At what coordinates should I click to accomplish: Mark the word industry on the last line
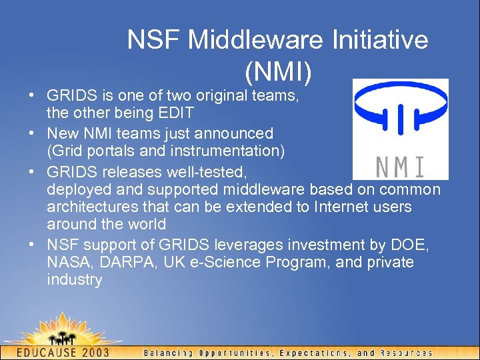75,280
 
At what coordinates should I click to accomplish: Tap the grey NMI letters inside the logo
400,165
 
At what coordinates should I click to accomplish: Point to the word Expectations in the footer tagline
315,353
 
